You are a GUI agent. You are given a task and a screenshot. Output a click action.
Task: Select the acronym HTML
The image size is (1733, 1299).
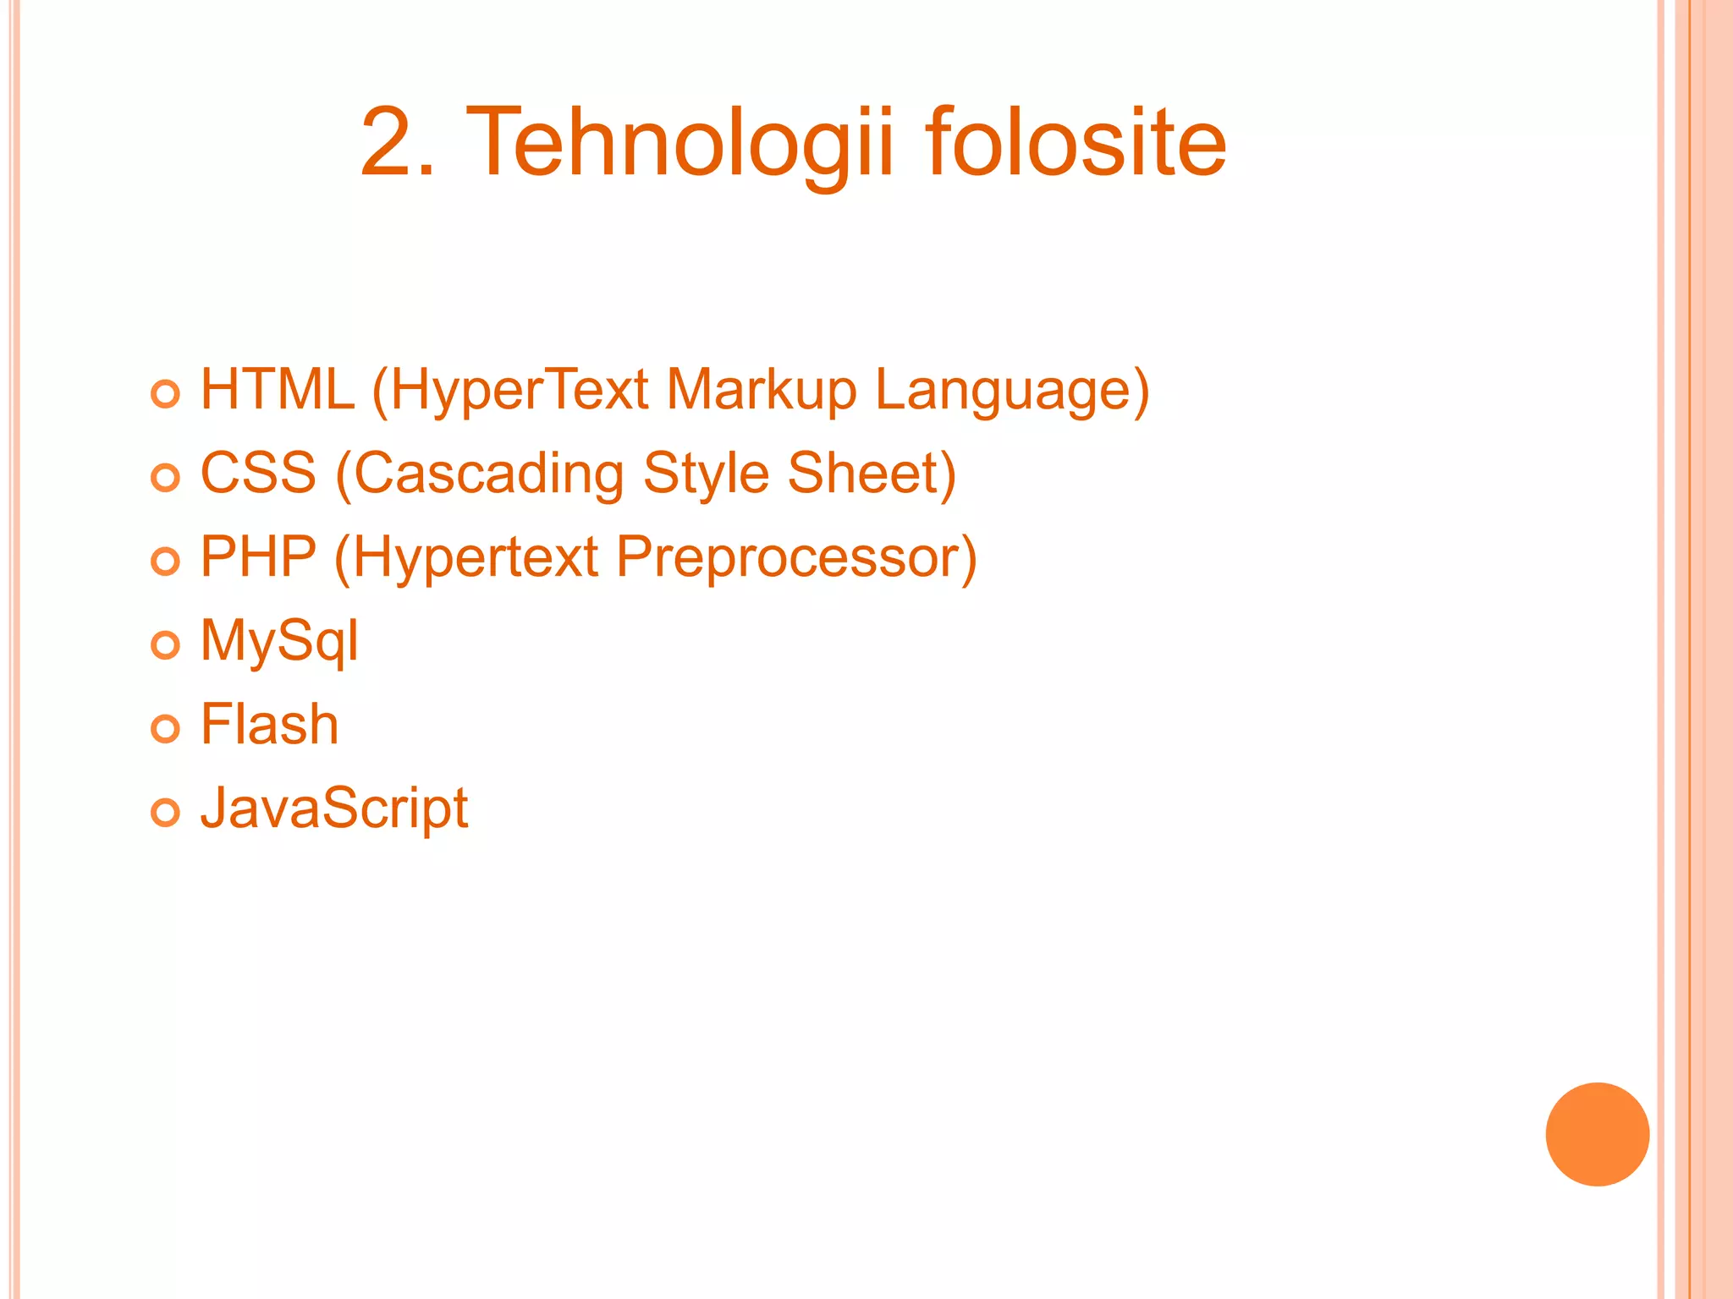277,390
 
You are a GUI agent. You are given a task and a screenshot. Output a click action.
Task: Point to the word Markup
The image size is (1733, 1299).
761,392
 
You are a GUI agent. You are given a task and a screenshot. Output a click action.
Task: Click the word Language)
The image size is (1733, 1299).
1012,392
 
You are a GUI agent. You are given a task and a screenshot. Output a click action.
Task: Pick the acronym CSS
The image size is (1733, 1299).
258,473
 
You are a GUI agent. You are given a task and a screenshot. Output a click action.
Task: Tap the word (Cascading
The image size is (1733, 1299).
480,474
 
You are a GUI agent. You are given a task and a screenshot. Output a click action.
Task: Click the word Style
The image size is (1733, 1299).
706,474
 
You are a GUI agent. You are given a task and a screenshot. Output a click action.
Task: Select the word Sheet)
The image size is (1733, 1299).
872,473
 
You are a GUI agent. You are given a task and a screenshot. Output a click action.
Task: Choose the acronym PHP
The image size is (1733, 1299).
258,557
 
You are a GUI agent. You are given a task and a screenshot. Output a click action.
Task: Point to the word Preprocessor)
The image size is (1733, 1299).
796,559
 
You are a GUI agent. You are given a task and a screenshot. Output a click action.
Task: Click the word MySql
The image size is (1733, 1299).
279,642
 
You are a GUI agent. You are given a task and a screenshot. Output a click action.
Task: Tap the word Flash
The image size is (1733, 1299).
269,725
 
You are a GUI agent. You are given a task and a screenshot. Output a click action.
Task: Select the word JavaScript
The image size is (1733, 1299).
333,809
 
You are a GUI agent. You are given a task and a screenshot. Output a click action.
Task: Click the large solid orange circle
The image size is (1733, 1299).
1597,1134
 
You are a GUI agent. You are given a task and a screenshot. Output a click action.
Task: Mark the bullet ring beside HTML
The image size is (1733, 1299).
165,394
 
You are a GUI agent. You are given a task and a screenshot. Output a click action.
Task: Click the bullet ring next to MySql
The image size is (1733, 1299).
165,645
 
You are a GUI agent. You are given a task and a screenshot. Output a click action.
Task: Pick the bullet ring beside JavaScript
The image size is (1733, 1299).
165,813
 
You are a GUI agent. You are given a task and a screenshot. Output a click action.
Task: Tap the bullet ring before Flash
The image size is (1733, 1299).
165,728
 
